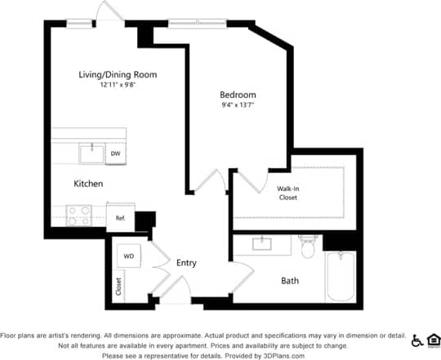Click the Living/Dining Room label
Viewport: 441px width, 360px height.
118,75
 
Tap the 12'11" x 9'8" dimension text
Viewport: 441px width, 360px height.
118,84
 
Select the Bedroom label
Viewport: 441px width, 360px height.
238,95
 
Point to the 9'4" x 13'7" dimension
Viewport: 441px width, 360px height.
238,104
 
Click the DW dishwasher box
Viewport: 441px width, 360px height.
116,153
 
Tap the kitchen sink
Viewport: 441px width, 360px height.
91,153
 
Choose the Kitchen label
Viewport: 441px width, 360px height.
88,184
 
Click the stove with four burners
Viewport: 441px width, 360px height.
78,216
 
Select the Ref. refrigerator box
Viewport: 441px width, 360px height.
119,218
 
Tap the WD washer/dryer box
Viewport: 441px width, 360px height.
128,256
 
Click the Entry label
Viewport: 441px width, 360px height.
187,263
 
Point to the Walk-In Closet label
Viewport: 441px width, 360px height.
287,193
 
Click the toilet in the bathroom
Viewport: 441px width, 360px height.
307,247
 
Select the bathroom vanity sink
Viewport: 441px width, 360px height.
262,243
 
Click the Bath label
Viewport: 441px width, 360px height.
290,280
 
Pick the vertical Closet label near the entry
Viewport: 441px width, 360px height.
118,287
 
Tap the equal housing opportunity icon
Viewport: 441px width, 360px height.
434,340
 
